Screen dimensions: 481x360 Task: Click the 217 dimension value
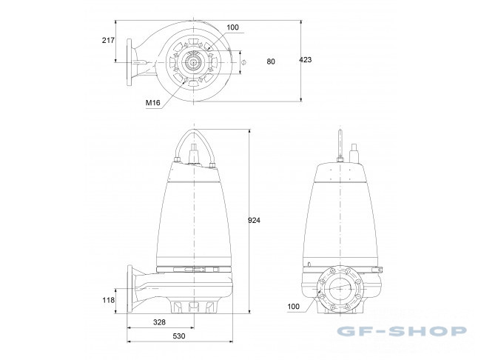(x=108, y=40)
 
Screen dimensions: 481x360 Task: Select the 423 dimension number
(x=306, y=60)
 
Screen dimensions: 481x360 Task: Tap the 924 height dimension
(x=254, y=220)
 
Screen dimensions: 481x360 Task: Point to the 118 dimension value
(x=108, y=300)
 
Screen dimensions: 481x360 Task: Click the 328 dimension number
(x=159, y=322)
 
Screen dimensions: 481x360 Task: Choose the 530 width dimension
(x=179, y=336)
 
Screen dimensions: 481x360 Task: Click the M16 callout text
(x=152, y=103)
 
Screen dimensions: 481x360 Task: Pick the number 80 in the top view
(x=271, y=61)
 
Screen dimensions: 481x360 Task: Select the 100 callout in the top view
(x=232, y=27)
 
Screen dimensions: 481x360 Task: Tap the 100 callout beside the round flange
(x=293, y=306)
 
